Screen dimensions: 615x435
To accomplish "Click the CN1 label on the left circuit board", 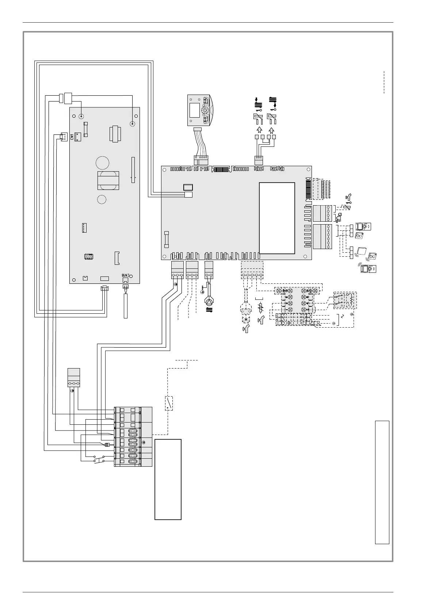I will point(72,137).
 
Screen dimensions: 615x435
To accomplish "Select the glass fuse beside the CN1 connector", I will point(86,129).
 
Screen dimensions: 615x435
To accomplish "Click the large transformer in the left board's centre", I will point(108,180).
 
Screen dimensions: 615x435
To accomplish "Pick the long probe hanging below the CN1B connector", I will point(126,305).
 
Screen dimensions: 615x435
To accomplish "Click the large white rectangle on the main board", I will point(277,218).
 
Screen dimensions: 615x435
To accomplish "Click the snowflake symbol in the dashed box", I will point(246,320).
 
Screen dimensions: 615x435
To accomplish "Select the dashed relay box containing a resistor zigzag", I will point(345,300).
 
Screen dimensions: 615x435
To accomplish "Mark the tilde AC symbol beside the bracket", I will point(342,316).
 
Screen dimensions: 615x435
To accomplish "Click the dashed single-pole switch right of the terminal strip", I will point(168,403).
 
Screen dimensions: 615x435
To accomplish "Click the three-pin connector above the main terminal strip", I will point(74,378).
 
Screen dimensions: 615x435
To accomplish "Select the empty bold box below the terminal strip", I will point(168,479).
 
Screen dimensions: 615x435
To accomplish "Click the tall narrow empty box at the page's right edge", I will point(382,482).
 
